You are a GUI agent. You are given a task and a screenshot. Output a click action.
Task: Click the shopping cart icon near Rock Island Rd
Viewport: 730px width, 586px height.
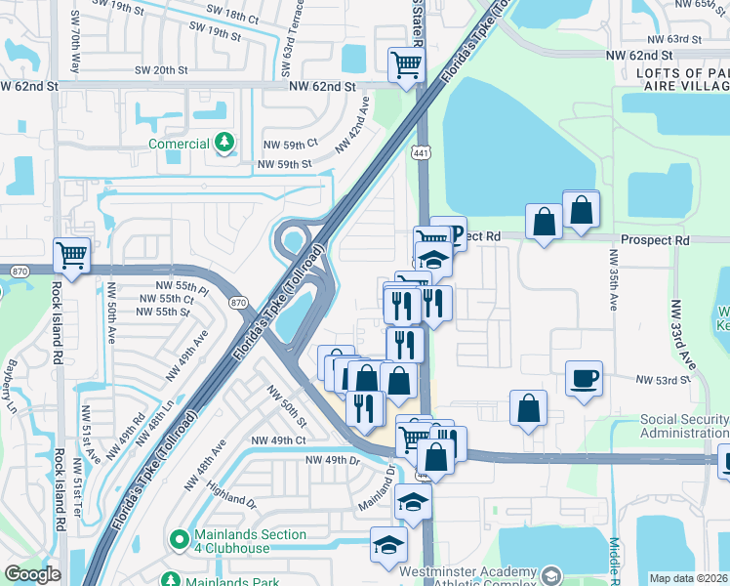(x=71, y=255)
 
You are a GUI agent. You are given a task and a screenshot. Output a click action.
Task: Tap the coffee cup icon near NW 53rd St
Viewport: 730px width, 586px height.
(x=585, y=378)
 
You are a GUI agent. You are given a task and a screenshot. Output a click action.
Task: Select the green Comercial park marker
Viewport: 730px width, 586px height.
(x=225, y=144)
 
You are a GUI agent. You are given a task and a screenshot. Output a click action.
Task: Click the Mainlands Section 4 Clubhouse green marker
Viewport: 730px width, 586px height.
(x=178, y=538)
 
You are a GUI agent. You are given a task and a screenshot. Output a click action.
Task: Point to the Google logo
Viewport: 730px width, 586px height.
(x=32, y=574)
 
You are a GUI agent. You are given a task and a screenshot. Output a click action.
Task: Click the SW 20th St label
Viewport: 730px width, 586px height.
(x=157, y=69)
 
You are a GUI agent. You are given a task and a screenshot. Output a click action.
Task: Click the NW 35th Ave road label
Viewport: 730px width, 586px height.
(x=614, y=280)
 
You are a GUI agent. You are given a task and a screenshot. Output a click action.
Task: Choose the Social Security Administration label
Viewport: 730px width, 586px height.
(x=684, y=426)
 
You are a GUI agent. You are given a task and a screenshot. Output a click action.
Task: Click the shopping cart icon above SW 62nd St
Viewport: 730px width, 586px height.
(x=406, y=64)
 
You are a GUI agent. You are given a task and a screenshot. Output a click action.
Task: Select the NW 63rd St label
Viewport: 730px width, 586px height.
(x=677, y=39)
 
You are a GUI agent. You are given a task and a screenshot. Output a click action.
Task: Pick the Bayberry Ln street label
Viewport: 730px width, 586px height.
(x=12, y=383)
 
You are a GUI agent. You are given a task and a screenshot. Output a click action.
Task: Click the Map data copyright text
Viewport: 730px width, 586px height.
(x=689, y=578)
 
